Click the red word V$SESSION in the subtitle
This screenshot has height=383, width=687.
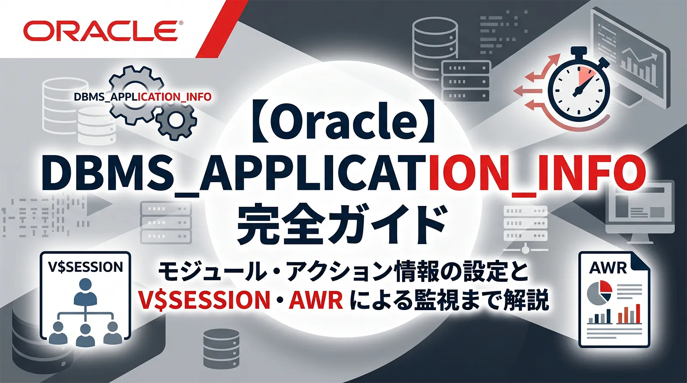pos(204,300)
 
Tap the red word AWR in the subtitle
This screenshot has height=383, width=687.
pos(316,300)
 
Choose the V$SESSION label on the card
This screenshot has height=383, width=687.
pos(85,267)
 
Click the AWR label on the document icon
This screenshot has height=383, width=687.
pos(608,268)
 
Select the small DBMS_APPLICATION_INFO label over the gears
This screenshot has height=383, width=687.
pos(143,97)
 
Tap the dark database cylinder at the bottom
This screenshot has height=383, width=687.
pos(221,347)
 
